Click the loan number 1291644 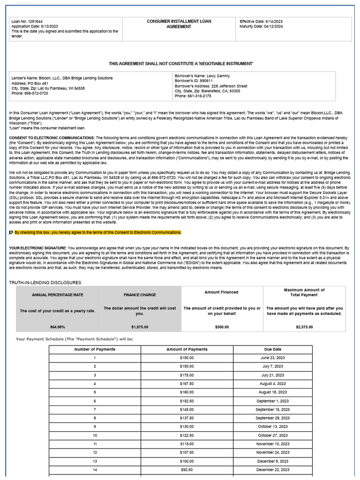click(34, 22)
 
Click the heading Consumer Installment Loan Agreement click(179, 24)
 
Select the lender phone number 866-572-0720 click(36, 93)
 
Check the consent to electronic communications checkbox click(11, 232)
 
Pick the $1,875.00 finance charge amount click(140, 327)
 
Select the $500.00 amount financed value click(222, 327)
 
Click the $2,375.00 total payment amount click(304, 327)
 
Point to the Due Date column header click(272, 349)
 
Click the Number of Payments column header click(95, 349)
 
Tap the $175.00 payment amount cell click(187, 375)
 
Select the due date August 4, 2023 click(272, 384)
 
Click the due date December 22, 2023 click(272, 470)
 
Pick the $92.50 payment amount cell click(187, 470)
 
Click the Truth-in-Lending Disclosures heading click(45, 283)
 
